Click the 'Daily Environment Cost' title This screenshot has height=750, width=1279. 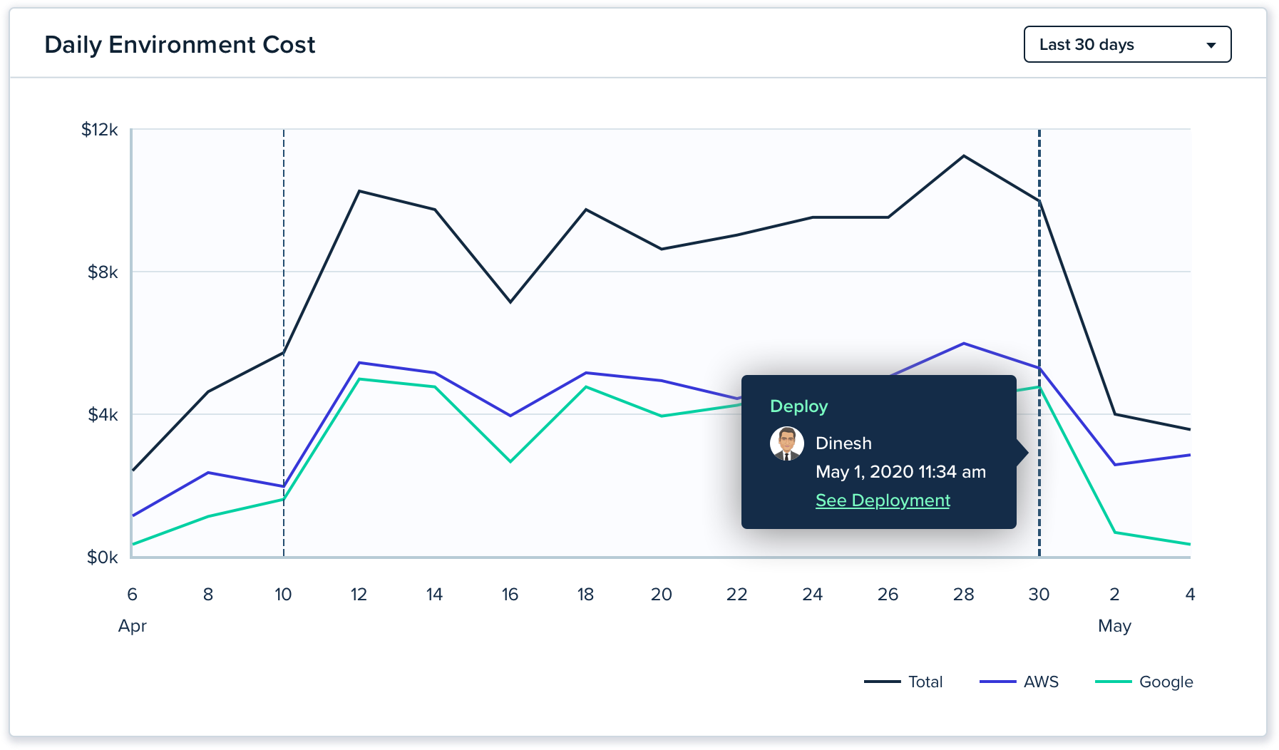pyautogui.click(x=180, y=45)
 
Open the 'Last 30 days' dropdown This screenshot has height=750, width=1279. pyautogui.click(x=1126, y=45)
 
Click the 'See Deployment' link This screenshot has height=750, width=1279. pyautogui.click(x=883, y=500)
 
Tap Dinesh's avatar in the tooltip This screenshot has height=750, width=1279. pyautogui.click(x=787, y=443)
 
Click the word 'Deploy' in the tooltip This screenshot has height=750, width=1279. pyautogui.click(x=798, y=406)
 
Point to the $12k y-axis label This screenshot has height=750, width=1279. pyautogui.click(x=100, y=130)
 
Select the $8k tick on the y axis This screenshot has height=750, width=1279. pyautogui.click(x=103, y=272)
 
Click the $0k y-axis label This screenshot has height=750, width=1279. pyautogui.click(x=103, y=558)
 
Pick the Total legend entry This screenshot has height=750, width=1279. pyautogui.click(x=903, y=682)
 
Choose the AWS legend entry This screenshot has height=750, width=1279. pyautogui.click(x=1019, y=682)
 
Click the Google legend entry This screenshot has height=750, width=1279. pyautogui.click(x=1144, y=682)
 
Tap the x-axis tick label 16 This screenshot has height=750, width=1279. pyautogui.click(x=510, y=595)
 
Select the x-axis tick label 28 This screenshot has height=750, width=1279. pyautogui.click(x=963, y=595)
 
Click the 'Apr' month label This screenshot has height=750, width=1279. pyautogui.click(x=133, y=626)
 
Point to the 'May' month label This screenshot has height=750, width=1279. pyautogui.click(x=1114, y=626)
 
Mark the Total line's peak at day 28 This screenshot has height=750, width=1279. pyautogui.click(x=964, y=156)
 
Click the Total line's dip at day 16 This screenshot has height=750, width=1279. pyautogui.click(x=510, y=302)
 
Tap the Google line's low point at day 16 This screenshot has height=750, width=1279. pyautogui.click(x=510, y=462)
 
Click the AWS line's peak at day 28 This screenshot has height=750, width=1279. pyautogui.click(x=964, y=344)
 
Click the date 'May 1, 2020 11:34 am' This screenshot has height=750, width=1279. pyautogui.click(x=900, y=472)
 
